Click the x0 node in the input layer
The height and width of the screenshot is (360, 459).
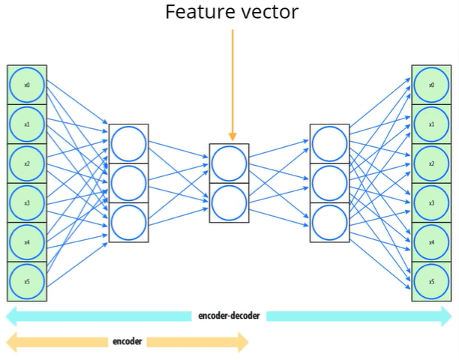pos(27,85)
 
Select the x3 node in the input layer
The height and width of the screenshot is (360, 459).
pos(27,202)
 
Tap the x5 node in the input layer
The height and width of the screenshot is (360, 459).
pos(27,280)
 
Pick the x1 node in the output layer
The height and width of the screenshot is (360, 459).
pos(431,124)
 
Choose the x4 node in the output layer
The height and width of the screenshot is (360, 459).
pos(431,242)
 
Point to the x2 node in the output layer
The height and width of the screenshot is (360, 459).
pos(431,163)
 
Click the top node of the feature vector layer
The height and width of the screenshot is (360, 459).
pos(229,163)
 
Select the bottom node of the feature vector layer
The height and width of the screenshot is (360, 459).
pos(229,202)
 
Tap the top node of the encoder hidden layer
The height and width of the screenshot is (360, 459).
pos(128,143)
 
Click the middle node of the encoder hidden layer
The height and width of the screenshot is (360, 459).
pos(128,183)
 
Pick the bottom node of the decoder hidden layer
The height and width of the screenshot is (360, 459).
pos(329,222)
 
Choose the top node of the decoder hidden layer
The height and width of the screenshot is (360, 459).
pos(329,143)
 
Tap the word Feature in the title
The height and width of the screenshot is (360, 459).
pos(196,12)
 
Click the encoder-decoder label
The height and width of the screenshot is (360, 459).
pos(229,316)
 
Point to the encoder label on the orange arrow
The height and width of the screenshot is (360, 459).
pos(127,342)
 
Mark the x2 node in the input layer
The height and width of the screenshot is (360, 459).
pos(27,163)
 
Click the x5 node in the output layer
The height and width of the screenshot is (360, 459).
pos(431,281)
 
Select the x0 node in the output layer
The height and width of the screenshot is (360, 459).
pos(431,85)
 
